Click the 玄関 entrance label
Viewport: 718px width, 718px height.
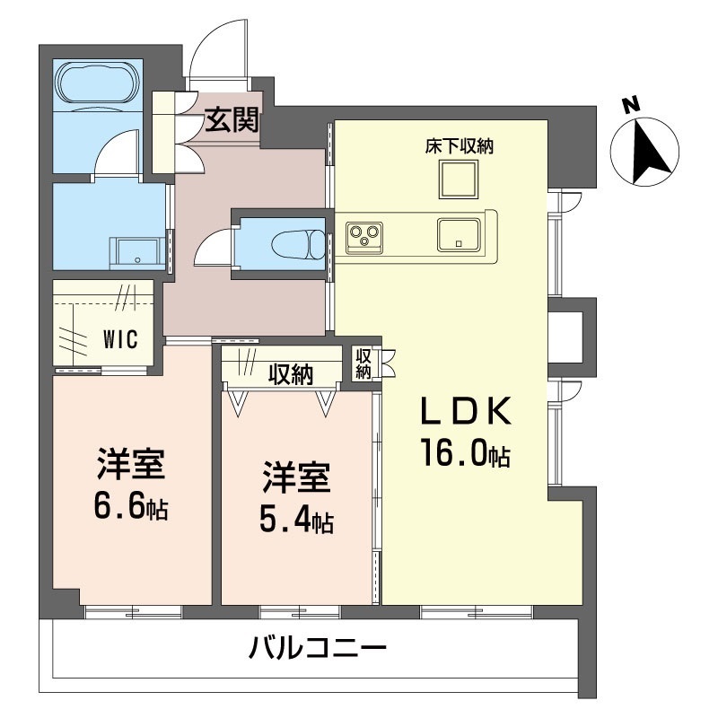point(232,119)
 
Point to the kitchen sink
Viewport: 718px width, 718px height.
point(460,235)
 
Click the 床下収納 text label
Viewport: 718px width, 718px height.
point(460,146)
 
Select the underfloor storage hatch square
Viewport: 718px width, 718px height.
point(460,179)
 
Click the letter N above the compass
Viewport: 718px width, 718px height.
point(632,105)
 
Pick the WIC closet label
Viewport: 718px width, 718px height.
point(119,340)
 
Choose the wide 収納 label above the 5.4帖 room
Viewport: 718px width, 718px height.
point(289,374)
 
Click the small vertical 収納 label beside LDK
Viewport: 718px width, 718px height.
point(363,364)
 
